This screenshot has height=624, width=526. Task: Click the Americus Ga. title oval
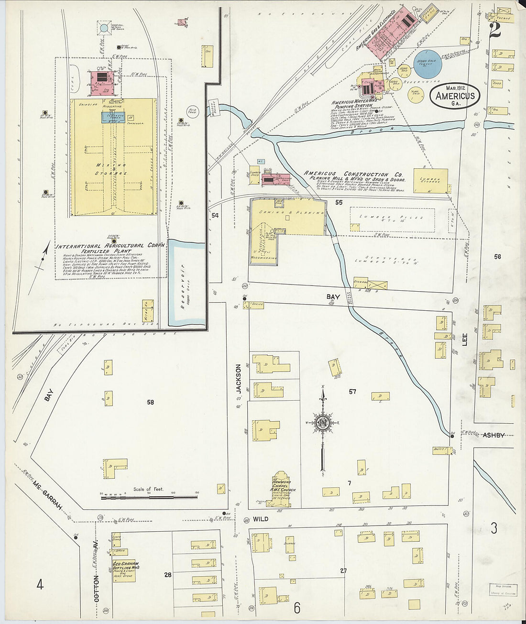pos(455,96)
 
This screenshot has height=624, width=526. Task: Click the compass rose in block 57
pos(323,423)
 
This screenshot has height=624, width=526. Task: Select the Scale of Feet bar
pos(149,498)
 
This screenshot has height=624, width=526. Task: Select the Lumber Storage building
pos(430,181)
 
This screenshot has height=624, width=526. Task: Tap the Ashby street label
pos(493,435)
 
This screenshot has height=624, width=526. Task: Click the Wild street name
pos(260,519)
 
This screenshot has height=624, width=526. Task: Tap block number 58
pos(151,402)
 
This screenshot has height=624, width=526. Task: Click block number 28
pos(167,574)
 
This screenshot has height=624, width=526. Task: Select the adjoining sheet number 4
pos(40,584)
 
